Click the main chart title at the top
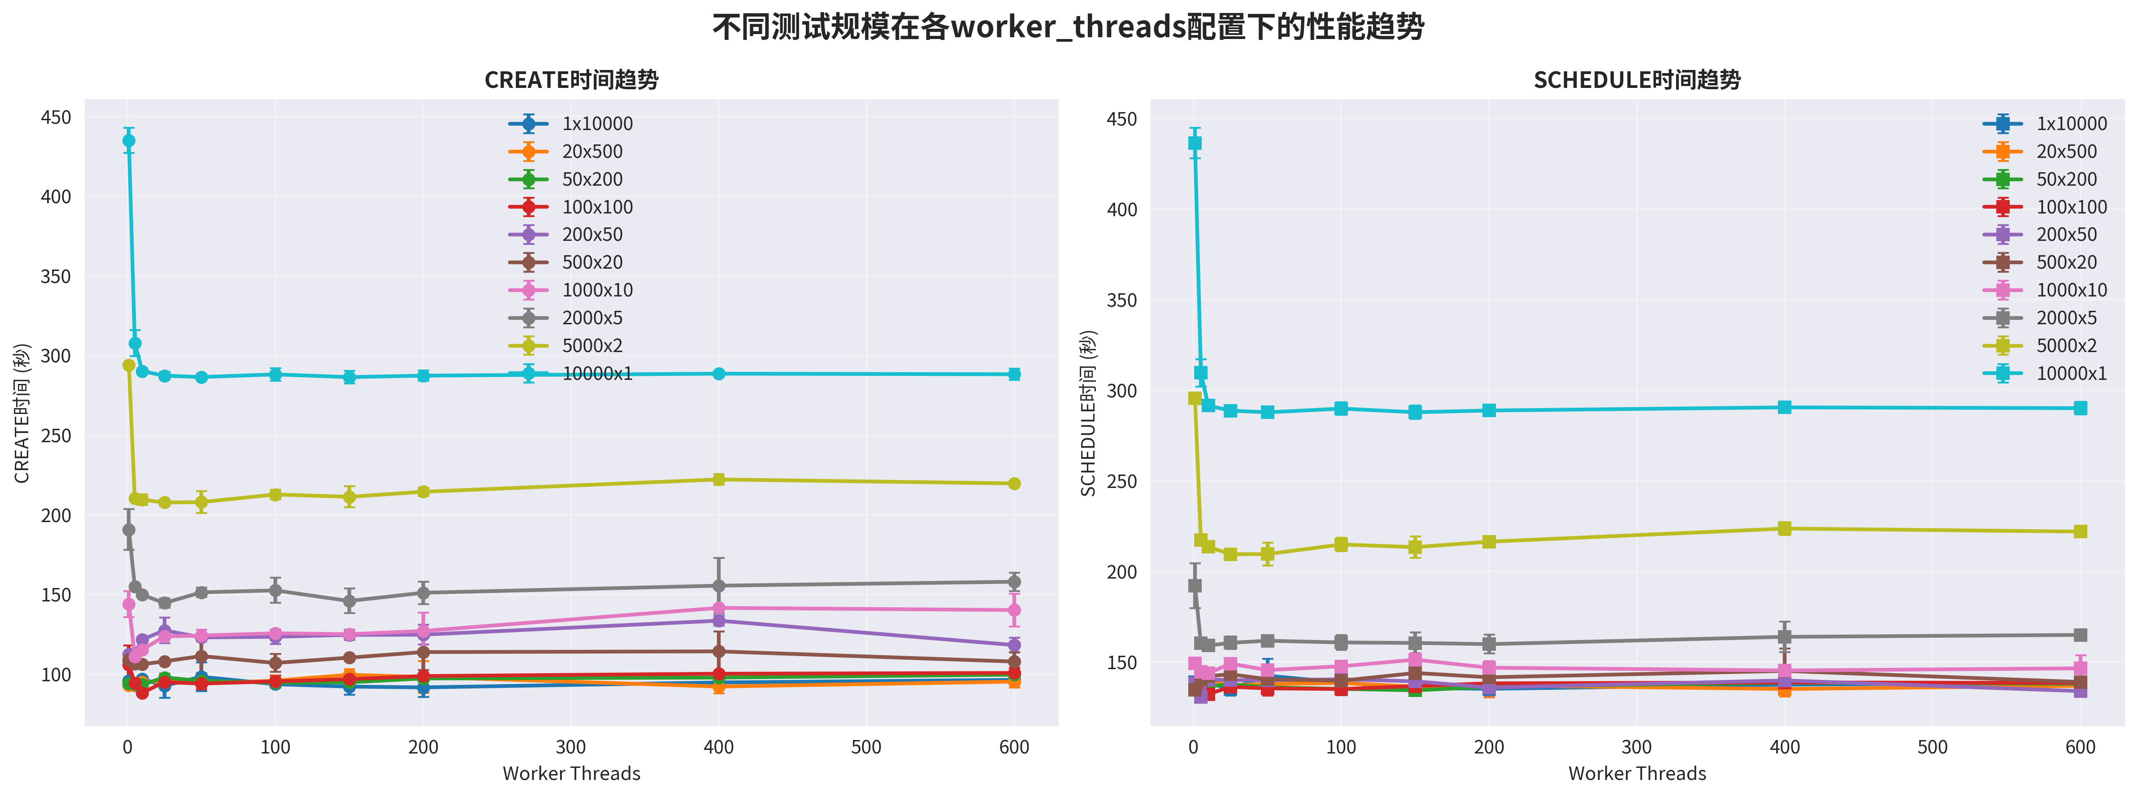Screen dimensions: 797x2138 tap(1068, 27)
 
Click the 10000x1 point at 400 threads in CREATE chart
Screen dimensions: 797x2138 tap(719, 374)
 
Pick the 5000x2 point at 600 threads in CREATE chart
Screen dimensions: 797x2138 tap(1013, 483)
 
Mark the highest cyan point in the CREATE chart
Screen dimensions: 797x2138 tap(129, 140)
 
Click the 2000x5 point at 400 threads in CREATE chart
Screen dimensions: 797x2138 tap(719, 585)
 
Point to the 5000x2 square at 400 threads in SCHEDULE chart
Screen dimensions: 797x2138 tap(1785, 529)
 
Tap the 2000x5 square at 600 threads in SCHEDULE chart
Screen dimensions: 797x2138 tap(2080, 635)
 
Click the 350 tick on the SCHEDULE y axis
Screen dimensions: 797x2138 tap(1121, 300)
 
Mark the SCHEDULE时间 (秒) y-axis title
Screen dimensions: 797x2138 tap(1088, 413)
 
